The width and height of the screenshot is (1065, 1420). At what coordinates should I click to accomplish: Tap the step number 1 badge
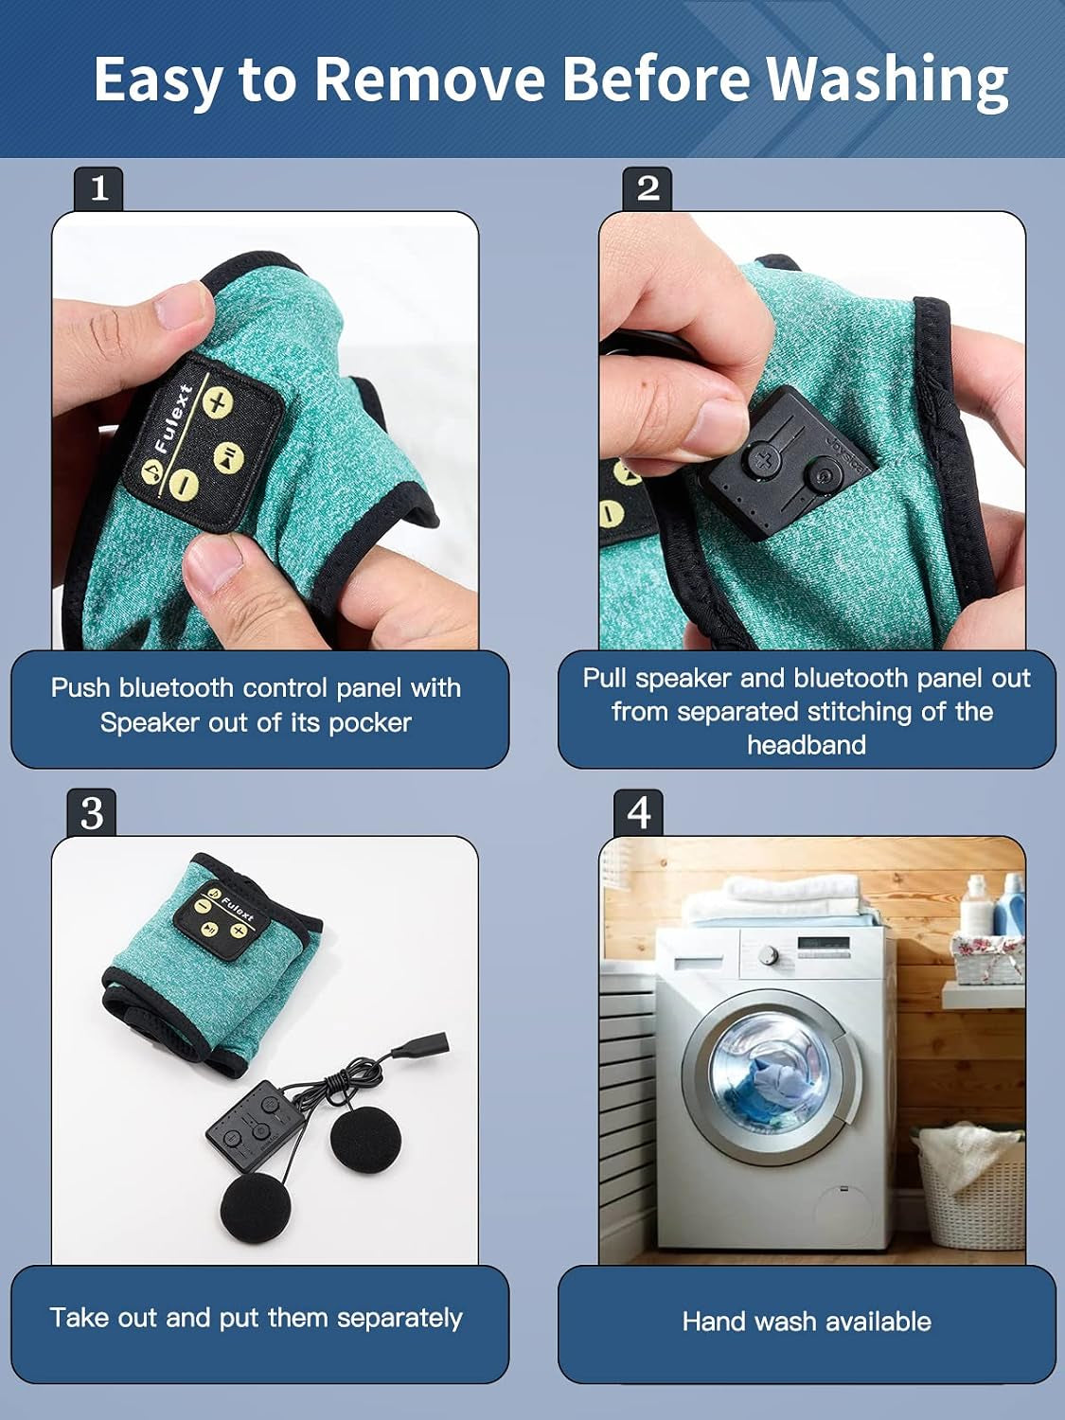click(98, 189)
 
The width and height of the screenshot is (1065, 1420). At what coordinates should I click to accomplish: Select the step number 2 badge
click(648, 189)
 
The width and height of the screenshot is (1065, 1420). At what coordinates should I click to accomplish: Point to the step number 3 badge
click(92, 812)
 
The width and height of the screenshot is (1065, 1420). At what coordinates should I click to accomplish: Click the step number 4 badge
click(639, 812)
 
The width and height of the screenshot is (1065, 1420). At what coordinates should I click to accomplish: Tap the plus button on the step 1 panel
click(218, 403)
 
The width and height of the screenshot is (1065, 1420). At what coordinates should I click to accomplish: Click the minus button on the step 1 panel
click(185, 483)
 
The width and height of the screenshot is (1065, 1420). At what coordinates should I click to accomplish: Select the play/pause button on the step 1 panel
click(227, 455)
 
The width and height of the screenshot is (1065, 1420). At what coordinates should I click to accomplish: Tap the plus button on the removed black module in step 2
click(765, 461)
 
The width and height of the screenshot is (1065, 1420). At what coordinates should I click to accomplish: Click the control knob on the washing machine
click(768, 953)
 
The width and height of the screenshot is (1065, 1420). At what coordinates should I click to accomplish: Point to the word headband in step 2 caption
click(807, 745)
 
